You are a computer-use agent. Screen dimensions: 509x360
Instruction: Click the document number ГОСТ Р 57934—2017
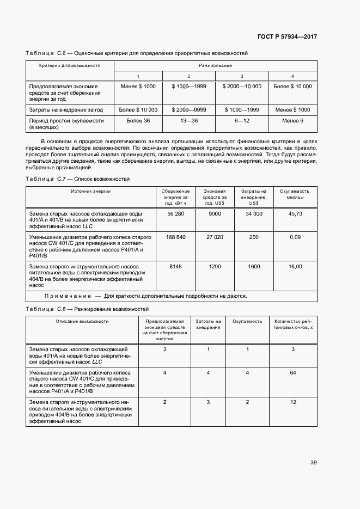(286, 36)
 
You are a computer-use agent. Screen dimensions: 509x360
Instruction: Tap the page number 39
(313, 463)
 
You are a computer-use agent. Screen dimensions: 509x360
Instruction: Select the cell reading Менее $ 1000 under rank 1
(138, 87)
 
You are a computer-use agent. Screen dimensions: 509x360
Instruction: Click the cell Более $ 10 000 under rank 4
(292, 87)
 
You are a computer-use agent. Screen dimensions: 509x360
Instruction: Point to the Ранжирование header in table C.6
(215, 65)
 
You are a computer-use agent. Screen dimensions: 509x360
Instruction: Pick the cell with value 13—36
(188, 120)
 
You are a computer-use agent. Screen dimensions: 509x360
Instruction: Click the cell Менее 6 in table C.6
(292, 120)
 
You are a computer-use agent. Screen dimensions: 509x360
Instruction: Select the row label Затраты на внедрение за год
(66, 109)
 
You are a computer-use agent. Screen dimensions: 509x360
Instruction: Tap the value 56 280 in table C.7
(176, 214)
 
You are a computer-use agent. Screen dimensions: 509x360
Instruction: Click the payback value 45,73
(295, 214)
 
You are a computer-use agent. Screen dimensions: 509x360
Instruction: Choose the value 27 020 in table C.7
(215, 237)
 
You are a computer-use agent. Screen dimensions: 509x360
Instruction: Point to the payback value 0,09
(295, 237)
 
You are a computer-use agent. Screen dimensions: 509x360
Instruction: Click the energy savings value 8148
(176, 266)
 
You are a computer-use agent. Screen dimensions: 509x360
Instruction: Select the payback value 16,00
(295, 266)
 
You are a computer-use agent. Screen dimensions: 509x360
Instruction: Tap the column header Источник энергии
(90, 192)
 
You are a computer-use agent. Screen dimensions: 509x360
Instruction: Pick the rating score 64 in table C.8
(292, 372)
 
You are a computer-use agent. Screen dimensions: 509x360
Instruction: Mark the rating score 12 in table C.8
(292, 402)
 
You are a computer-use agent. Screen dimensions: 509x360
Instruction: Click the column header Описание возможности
(82, 321)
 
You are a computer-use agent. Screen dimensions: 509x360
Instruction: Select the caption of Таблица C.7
(78, 179)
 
